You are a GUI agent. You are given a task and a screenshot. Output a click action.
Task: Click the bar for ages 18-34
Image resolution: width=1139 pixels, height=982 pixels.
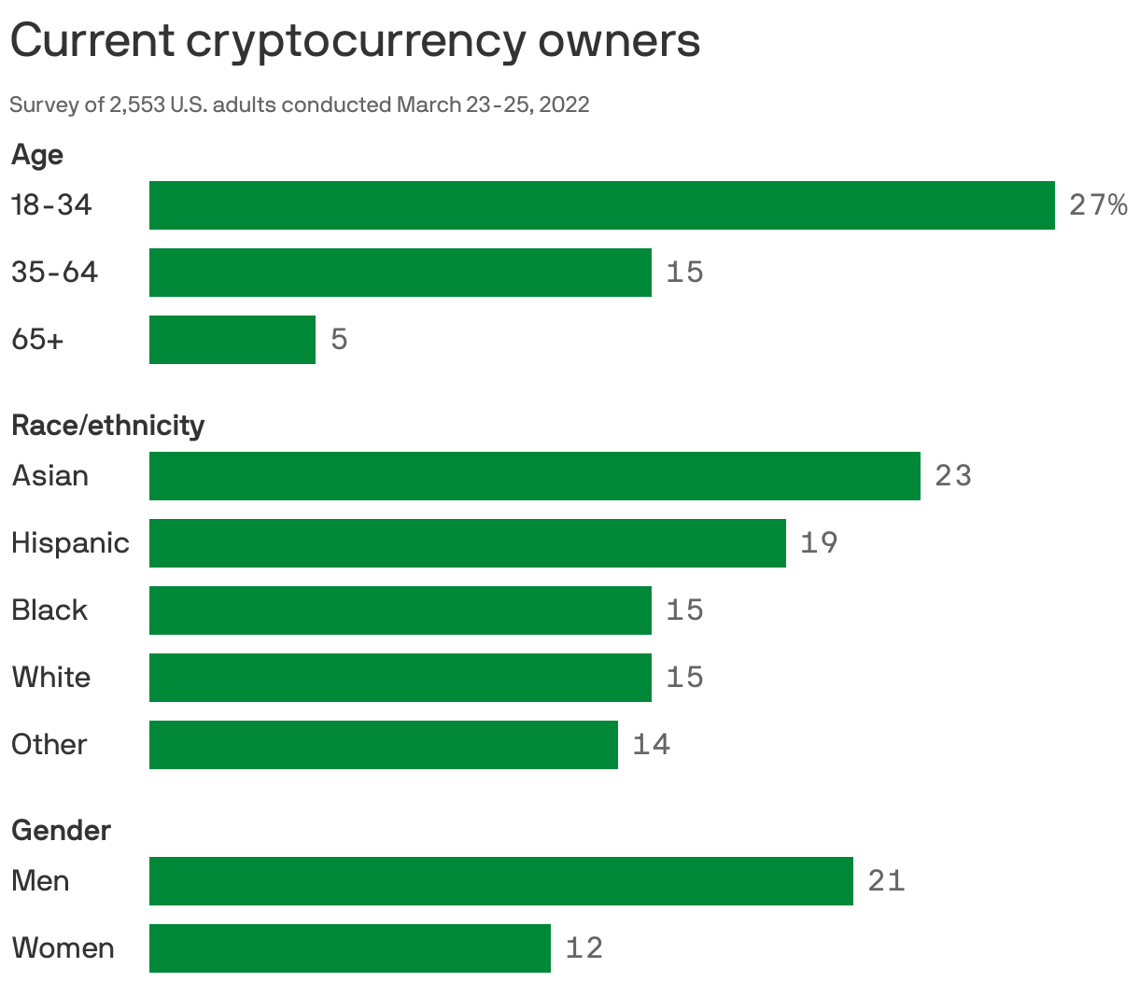pos(601,205)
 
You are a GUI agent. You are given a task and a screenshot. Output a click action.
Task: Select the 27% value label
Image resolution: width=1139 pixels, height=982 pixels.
pos(1098,205)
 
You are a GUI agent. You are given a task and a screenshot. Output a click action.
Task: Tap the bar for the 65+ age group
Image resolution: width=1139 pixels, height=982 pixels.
pos(232,340)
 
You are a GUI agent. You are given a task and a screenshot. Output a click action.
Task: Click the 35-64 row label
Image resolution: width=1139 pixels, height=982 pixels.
pos(54,273)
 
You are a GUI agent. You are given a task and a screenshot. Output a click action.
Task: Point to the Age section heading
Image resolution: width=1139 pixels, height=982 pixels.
pos(37,155)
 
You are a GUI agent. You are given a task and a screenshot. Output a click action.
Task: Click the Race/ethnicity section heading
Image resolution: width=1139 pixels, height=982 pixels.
pos(107,426)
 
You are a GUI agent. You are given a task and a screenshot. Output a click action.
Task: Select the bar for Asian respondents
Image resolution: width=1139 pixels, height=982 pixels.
pos(534,476)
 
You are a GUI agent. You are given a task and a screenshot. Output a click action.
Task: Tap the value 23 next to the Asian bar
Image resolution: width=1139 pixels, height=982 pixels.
pos(953,476)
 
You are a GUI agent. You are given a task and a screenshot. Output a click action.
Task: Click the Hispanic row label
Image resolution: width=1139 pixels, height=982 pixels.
pos(70,543)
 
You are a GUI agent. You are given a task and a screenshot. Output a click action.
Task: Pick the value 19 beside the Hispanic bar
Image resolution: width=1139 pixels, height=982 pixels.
pos(819,543)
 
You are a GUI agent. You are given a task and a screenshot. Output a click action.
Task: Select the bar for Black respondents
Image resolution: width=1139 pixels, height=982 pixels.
pos(400,610)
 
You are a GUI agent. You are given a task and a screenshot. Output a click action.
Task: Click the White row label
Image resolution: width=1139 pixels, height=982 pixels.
pos(51,678)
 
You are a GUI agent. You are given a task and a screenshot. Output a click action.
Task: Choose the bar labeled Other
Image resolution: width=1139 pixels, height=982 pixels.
pos(383,745)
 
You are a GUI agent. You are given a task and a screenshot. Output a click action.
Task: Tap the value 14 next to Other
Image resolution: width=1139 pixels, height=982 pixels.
pos(652,745)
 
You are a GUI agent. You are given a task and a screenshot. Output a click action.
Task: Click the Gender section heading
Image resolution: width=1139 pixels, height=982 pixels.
pos(61,831)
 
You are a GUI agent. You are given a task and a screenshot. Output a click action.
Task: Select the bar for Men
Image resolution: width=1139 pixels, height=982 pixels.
pos(500,881)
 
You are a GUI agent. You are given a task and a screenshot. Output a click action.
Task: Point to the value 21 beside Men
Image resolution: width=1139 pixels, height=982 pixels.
pos(886,881)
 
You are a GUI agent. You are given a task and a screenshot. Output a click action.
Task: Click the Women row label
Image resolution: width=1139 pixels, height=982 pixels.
pos(63,948)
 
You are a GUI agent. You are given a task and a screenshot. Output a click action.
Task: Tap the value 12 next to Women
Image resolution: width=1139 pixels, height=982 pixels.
pos(584,948)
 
